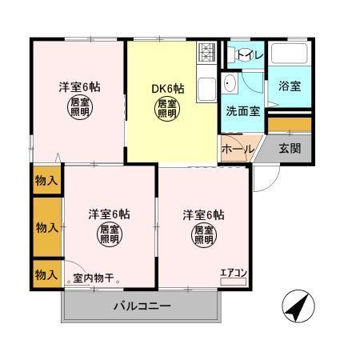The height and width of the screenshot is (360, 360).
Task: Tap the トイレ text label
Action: pyautogui.click(x=245, y=54)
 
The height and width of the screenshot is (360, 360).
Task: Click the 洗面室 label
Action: pyautogui.click(x=242, y=112)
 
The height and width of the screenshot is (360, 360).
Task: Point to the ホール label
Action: pyautogui.click(x=238, y=150)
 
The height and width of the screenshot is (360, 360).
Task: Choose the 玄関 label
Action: pyautogui.click(x=290, y=150)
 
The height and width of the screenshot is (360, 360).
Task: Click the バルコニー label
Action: pyautogui.click(x=141, y=306)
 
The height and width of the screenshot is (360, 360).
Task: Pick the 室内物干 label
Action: pyautogui.click(x=94, y=279)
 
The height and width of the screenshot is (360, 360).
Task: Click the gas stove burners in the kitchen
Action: pyautogui.click(x=206, y=53)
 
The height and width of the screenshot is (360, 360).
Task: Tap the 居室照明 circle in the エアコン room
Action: pyautogui.click(x=202, y=235)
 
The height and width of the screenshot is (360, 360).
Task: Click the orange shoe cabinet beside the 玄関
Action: pyautogui.click(x=289, y=124)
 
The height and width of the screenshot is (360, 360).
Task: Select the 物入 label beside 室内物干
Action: pyautogui.click(x=46, y=274)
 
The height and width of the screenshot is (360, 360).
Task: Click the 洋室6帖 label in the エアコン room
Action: pyautogui.click(x=202, y=214)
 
